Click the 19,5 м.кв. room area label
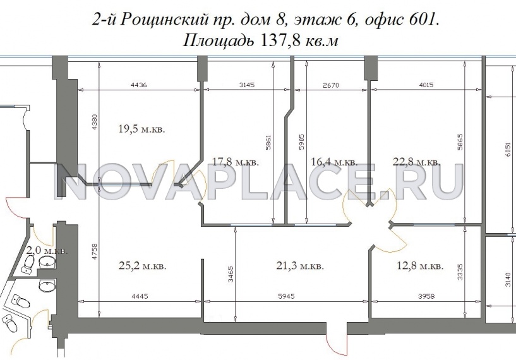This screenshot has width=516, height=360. [x=141, y=129]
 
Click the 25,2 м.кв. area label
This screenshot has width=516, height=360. [x=143, y=266]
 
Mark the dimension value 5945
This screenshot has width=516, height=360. [x=297, y=296]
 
